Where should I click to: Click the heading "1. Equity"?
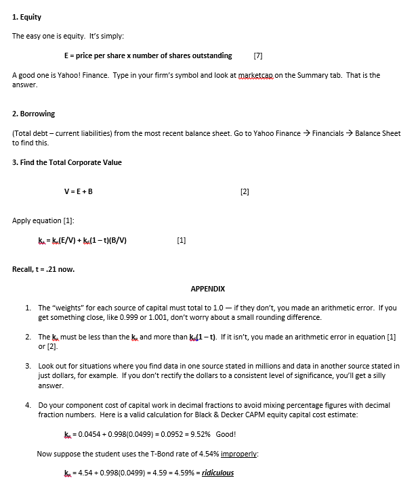(27, 16)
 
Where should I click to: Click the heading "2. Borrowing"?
(34, 114)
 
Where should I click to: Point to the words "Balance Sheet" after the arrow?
(378, 133)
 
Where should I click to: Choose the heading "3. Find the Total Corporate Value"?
(67, 162)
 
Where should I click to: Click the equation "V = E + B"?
(78, 191)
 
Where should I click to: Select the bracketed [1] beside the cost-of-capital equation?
(180, 240)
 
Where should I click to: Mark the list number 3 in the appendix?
(28, 366)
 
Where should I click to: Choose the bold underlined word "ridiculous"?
(214, 473)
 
